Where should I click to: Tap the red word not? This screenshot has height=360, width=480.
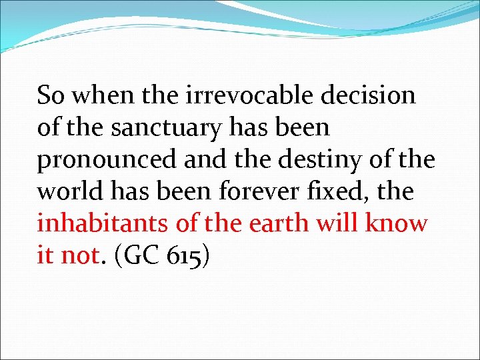[x=79, y=256]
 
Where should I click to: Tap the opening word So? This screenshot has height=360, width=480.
[x=51, y=96]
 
